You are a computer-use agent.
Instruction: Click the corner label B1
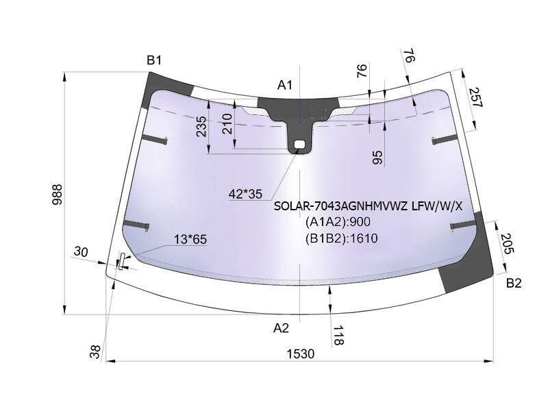click(153, 60)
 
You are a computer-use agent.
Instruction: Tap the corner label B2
click(513, 283)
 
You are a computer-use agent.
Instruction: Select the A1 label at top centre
click(284, 84)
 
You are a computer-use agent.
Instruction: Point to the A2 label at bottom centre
click(281, 328)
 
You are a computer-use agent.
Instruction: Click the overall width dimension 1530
click(301, 354)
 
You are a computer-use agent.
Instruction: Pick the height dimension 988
click(57, 195)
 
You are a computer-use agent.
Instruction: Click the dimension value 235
click(201, 127)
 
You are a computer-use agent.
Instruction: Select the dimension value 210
click(227, 124)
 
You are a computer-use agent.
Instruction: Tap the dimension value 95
click(377, 158)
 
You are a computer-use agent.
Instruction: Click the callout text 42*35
click(245, 194)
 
